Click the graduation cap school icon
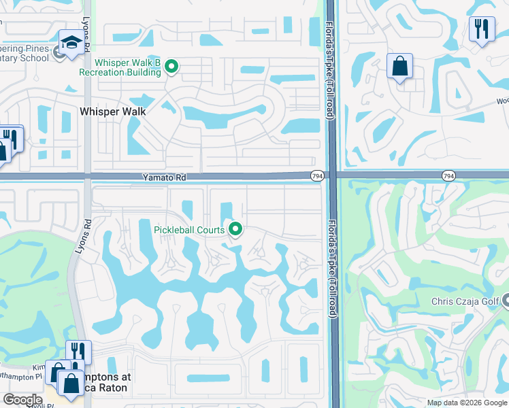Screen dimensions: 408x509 71,42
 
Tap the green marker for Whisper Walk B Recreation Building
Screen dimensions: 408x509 172,67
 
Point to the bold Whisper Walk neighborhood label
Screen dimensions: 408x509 113,111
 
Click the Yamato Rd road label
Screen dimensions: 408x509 164,177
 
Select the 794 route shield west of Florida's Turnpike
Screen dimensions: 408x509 316,175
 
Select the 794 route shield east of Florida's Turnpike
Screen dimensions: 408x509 447,175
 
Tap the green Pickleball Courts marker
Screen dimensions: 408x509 236,229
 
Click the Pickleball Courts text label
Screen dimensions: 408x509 188,230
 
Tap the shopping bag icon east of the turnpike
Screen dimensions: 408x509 399,66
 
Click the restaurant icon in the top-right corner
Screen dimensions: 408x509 481,29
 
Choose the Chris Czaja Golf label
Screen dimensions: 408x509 464,301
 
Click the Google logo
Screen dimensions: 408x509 22,400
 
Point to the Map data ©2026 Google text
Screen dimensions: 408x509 467,403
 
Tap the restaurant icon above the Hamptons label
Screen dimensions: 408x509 78,352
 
